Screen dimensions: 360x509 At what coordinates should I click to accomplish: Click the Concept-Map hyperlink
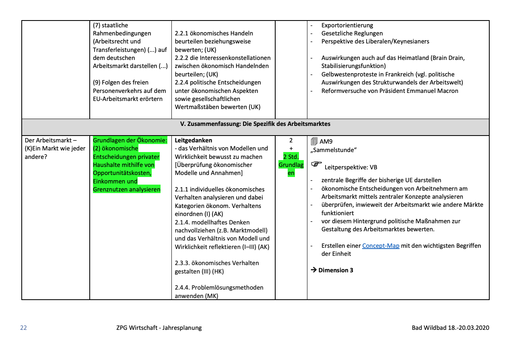[x=381, y=246]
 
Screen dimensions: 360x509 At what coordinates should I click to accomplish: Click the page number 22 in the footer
[x=23, y=328]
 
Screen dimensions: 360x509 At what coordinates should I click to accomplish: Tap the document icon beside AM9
[x=314, y=141]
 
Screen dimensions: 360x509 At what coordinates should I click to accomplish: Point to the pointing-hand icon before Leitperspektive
[x=317, y=165]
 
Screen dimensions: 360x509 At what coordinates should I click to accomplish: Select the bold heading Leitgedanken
[x=193, y=140]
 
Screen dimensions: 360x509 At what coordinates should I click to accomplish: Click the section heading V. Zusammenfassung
[x=255, y=124]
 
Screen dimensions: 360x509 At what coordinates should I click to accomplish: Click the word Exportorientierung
[x=347, y=25]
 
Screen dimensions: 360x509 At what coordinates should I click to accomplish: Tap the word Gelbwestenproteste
[x=347, y=74]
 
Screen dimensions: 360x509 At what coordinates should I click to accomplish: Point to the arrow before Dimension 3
[x=314, y=270]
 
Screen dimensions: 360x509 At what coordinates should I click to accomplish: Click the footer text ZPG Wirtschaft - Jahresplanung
[x=159, y=328]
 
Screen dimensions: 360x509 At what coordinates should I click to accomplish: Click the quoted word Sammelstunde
[x=334, y=150]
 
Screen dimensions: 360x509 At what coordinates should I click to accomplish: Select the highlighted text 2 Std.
[x=291, y=156]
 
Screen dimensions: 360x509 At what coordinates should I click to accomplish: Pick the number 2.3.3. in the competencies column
[x=183, y=263]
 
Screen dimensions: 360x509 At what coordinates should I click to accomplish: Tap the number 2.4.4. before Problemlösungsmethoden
[x=183, y=288]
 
